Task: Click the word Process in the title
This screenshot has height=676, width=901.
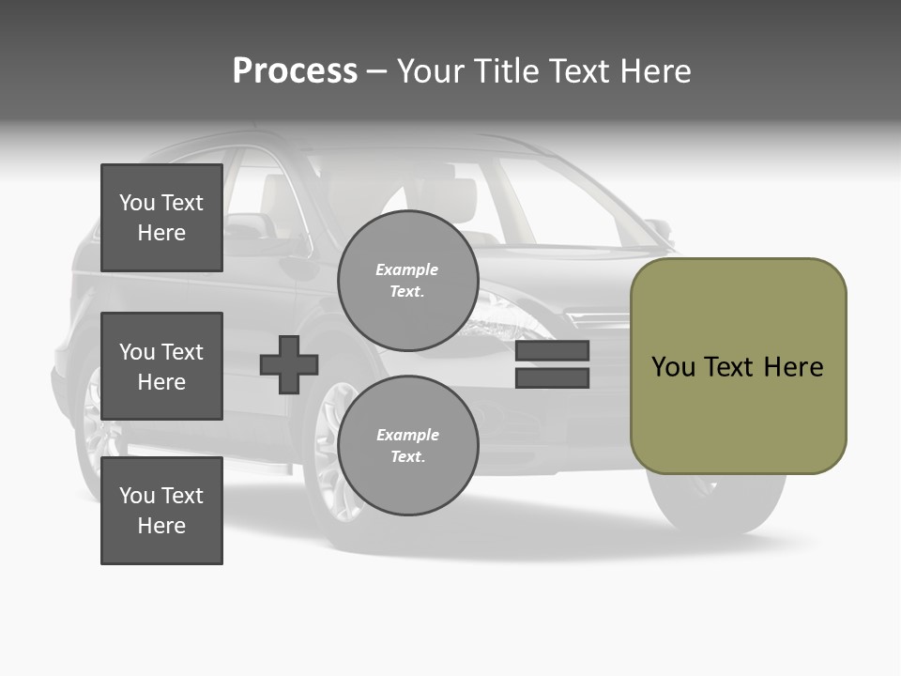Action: pyautogui.click(x=295, y=71)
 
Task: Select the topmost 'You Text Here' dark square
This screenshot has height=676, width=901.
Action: pyautogui.click(x=161, y=218)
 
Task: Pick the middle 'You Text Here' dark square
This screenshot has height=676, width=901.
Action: pyautogui.click(x=161, y=366)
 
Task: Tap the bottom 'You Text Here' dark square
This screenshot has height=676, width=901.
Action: pyautogui.click(x=161, y=511)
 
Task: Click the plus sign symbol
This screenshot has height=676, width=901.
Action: pyautogui.click(x=289, y=364)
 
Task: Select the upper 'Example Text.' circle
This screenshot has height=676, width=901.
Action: pyautogui.click(x=407, y=281)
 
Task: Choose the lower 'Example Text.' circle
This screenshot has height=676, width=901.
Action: pyautogui.click(x=407, y=446)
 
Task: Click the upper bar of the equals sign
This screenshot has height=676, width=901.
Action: pyautogui.click(x=552, y=350)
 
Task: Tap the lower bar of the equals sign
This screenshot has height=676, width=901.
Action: pyautogui.click(x=552, y=378)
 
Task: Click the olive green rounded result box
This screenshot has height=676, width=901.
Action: pyautogui.click(x=738, y=366)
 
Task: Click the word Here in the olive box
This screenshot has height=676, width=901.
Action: pyautogui.click(x=793, y=366)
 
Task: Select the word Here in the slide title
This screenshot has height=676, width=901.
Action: pyautogui.click(x=654, y=71)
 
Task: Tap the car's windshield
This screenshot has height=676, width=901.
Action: pyautogui.click(x=563, y=202)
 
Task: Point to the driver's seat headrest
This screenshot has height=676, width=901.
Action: pyautogui.click(x=450, y=197)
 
